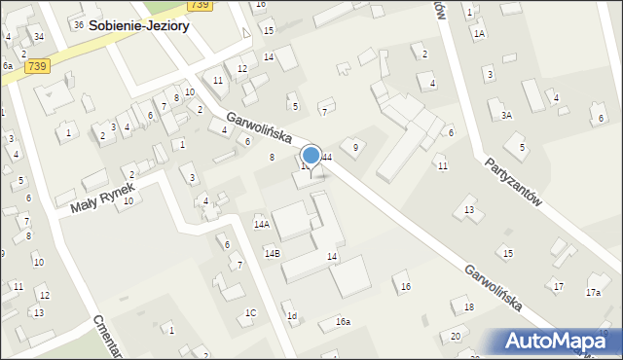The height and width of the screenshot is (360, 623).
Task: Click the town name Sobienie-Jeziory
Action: (x=138, y=27)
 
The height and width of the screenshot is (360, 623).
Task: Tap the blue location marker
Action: (x=311, y=156)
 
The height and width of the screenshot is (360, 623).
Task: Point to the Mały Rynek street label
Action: (x=100, y=193)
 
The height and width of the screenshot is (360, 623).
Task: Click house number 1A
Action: (x=479, y=33)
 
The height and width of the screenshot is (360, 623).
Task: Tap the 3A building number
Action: (x=506, y=115)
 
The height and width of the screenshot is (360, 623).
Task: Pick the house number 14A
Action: (x=261, y=224)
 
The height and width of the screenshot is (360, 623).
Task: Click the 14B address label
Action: (x=273, y=253)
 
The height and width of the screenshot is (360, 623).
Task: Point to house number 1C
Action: (x=250, y=312)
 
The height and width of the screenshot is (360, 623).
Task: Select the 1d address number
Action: (x=291, y=316)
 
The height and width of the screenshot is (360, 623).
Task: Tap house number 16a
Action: (x=343, y=321)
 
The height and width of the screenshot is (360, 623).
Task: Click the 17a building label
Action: (x=593, y=292)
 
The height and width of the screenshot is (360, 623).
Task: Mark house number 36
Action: (x=78, y=24)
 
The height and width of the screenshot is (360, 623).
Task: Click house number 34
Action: (x=38, y=36)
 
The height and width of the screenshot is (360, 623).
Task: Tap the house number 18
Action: (x=468, y=306)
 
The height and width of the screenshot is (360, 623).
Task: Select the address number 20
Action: (x=456, y=336)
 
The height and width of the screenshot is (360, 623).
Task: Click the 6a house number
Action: (x=6, y=65)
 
